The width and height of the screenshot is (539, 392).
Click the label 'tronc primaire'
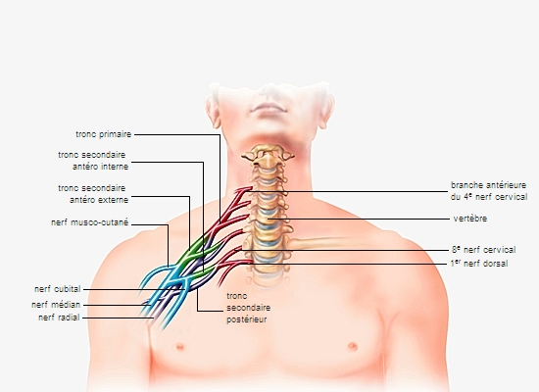tap(104, 134)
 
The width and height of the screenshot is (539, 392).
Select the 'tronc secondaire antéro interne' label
tap(93, 161)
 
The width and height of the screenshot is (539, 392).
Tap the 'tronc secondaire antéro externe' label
tap(93, 194)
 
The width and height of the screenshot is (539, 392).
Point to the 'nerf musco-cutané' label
tap(90, 222)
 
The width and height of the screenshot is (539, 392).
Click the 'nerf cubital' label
tap(58, 289)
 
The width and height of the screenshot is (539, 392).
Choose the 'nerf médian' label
tap(56, 305)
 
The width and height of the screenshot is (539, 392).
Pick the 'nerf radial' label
tap(59, 318)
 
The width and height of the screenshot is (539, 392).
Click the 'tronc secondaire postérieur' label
tap(249, 308)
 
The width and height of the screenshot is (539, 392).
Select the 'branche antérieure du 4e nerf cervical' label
tap(489, 191)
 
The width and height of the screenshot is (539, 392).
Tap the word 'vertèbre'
tap(469, 219)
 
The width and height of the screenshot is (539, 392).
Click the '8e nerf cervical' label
tap(483, 250)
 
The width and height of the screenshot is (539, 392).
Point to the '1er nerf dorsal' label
tap(479, 264)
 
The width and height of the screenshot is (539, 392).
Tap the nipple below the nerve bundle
tap(179, 346)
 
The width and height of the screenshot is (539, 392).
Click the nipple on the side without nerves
tap(353, 346)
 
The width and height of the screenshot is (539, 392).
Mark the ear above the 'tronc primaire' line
tap(213, 111)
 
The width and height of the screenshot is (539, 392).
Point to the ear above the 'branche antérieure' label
tap(326, 111)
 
